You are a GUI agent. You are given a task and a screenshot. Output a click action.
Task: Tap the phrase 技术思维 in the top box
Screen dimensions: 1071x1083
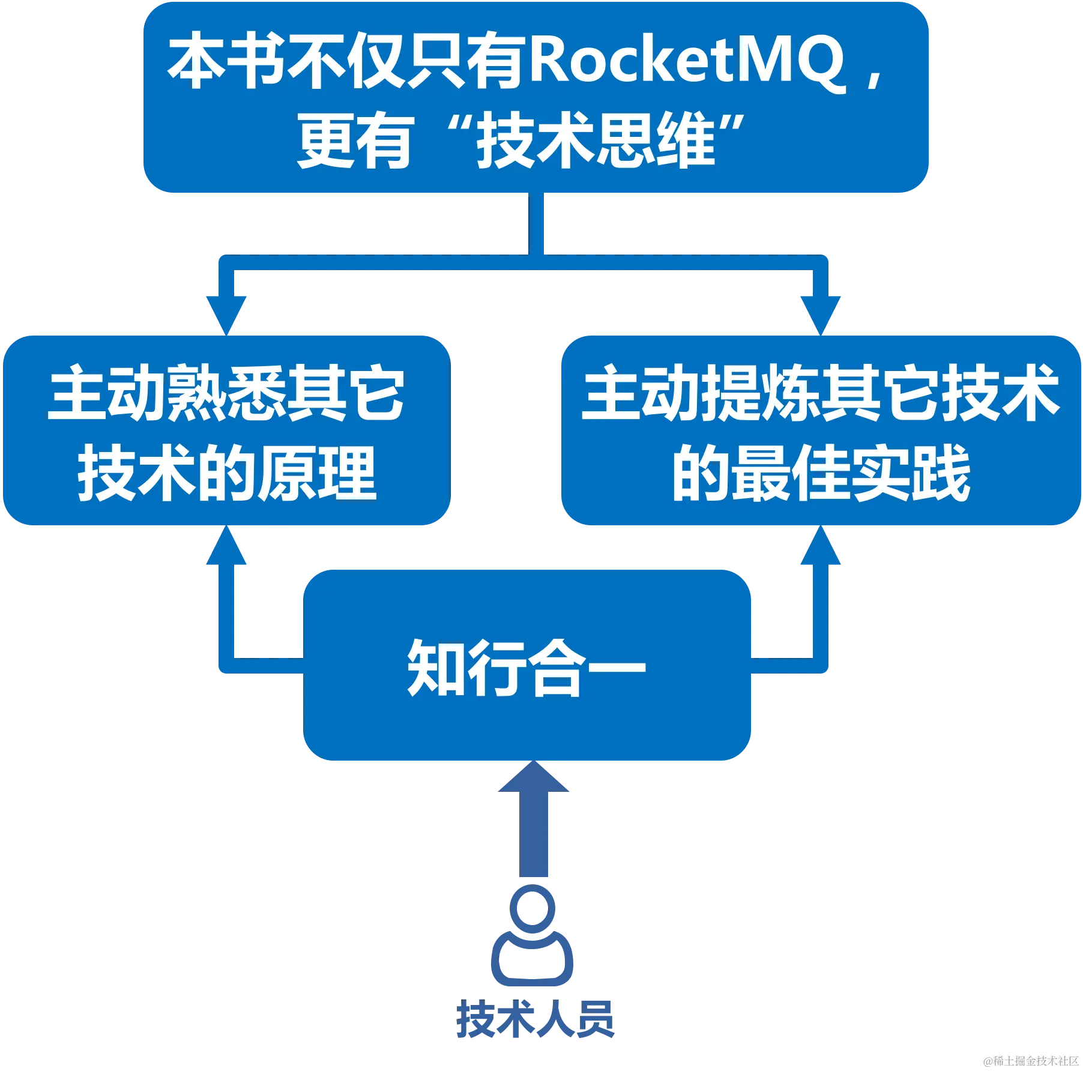pyautogui.click(x=596, y=142)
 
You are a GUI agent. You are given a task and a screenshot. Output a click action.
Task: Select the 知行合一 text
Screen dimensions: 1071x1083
pyautogui.click(x=526, y=668)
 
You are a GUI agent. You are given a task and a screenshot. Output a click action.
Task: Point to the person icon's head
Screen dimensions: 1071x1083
pyautogui.click(x=532, y=907)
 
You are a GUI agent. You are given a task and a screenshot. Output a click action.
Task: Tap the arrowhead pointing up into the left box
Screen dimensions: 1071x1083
pyautogui.click(x=227, y=548)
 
